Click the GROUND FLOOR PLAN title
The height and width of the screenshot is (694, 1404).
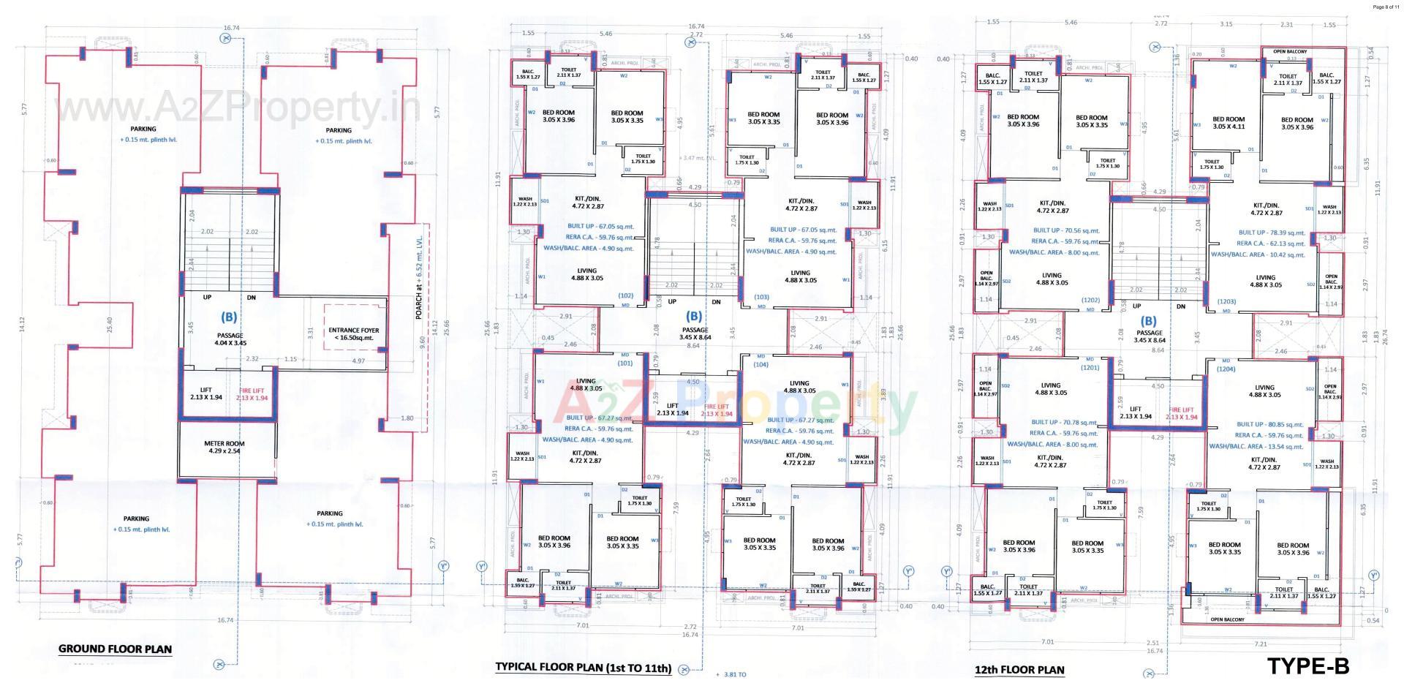point(115,649)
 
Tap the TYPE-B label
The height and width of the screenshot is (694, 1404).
point(1307,666)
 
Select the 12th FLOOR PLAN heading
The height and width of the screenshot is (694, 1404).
point(1019,670)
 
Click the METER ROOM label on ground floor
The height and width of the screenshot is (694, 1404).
point(224,447)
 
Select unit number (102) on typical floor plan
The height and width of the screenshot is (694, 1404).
point(625,296)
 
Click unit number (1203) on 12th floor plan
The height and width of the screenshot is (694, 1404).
point(1226,301)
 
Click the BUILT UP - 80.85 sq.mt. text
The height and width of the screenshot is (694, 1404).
point(1269,424)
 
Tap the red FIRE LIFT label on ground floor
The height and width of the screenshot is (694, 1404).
point(252,394)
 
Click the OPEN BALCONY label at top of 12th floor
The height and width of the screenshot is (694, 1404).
point(1289,52)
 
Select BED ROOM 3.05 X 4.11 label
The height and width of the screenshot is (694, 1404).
point(1228,123)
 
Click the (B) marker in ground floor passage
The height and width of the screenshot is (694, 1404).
point(229,317)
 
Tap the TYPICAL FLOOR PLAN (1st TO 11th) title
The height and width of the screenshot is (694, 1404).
point(583,668)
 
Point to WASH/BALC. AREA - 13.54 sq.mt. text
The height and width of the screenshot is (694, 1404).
point(1256,446)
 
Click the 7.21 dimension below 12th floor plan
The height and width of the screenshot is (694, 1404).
point(1260,644)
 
